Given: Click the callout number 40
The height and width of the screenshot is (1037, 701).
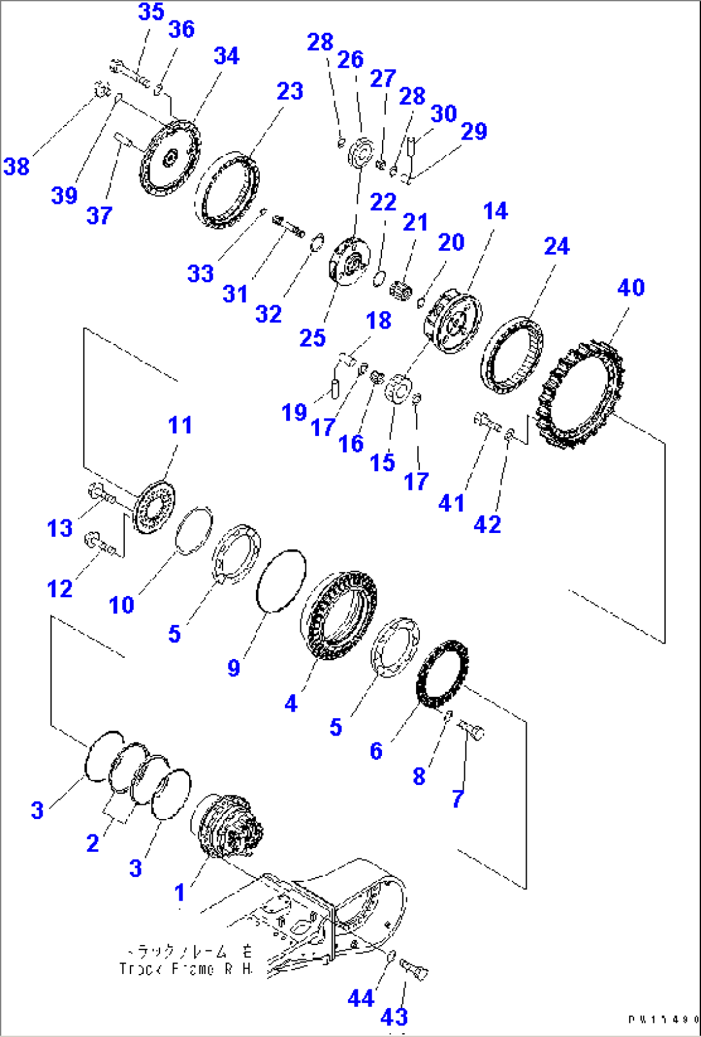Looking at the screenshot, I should pyautogui.click(x=630, y=287).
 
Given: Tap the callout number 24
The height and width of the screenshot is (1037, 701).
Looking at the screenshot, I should pyautogui.click(x=556, y=246).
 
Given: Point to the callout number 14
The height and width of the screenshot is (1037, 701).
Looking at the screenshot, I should pyautogui.click(x=495, y=211).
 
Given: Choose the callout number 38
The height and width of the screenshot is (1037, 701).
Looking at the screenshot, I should pyautogui.click(x=17, y=167).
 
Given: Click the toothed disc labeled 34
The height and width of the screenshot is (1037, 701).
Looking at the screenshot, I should pyautogui.click(x=170, y=158).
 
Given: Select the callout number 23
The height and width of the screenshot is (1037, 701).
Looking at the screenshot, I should pyautogui.click(x=289, y=91).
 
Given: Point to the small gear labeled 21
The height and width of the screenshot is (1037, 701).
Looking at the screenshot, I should pyautogui.click(x=401, y=289).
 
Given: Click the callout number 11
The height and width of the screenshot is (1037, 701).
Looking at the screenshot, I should pyautogui.click(x=179, y=425).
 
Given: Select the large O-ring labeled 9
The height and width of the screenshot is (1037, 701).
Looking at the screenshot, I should pyautogui.click(x=280, y=581).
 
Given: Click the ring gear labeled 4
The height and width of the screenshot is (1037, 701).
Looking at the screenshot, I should pyautogui.click(x=339, y=615).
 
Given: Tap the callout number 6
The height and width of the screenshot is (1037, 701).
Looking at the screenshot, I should pyautogui.click(x=376, y=750).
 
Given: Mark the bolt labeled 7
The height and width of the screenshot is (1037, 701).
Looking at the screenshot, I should pyautogui.click(x=473, y=730).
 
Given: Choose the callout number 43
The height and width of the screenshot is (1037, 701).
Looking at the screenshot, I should pyautogui.click(x=394, y=1016).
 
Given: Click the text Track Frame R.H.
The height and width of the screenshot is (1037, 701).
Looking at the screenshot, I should pyautogui.click(x=186, y=968).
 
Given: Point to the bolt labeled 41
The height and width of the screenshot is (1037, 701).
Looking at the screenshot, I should pyautogui.click(x=487, y=422).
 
